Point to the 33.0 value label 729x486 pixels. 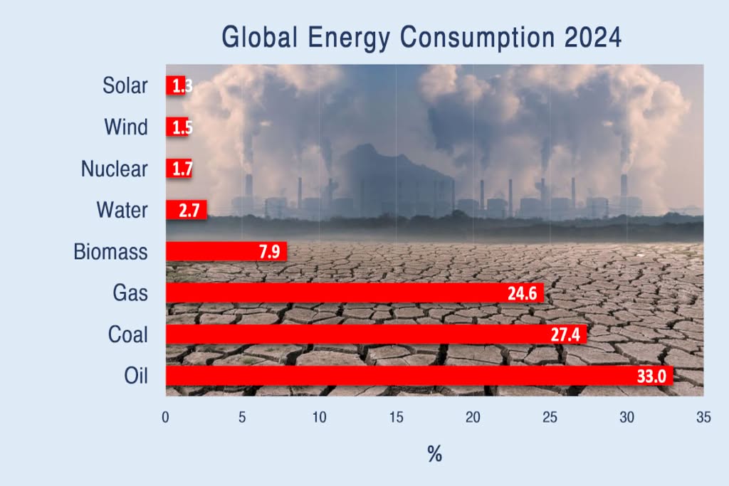point(651,376)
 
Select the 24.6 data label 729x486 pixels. point(522,293)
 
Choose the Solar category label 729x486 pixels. point(125,85)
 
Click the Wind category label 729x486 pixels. point(126,127)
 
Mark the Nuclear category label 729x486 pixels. point(114,169)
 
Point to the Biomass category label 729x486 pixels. point(110,252)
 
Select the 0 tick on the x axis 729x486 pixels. point(166,418)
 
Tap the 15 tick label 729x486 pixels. point(396,418)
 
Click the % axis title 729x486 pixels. point(434,454)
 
